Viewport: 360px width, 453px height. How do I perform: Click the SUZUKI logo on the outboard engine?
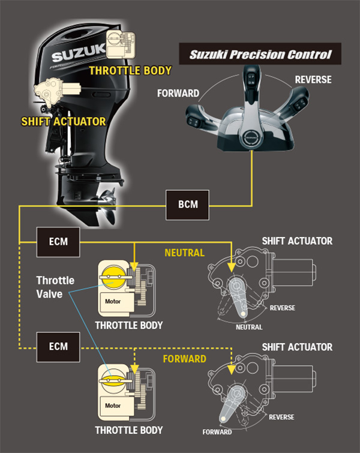[76, 58]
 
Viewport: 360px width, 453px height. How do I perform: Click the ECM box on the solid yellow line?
[58, 242]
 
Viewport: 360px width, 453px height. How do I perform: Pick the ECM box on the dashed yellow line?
[58, 346]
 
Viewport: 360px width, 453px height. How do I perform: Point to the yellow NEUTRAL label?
[184, 253]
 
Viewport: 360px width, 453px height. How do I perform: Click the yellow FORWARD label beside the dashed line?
[185, 359]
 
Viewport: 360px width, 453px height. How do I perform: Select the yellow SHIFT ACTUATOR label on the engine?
[62, 121]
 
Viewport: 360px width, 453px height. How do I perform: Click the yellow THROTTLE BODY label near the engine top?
[130, 71]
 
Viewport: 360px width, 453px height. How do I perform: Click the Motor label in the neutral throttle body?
[112, 301]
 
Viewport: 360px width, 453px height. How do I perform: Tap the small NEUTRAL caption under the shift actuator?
[249, 327]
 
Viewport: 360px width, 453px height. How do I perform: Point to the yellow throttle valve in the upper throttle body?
[112, 276]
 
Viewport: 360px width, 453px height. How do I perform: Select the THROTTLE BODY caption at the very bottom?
[128, 430]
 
